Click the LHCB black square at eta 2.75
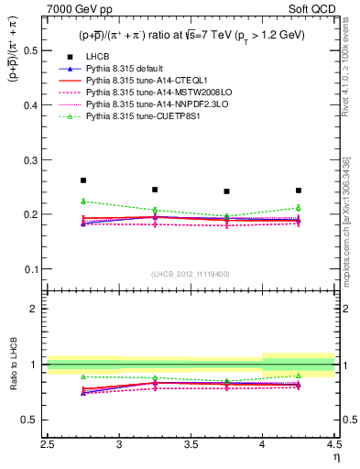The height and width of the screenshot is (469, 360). click(83, 180)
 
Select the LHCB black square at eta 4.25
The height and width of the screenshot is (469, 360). click(299, 191)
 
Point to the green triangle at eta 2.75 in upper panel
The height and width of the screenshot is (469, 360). click(83, 201)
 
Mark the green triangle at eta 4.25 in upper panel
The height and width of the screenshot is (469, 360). click(299, 208)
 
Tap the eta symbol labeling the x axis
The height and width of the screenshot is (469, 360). click(335, 456)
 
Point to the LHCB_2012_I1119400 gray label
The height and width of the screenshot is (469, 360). click(191, 273)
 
